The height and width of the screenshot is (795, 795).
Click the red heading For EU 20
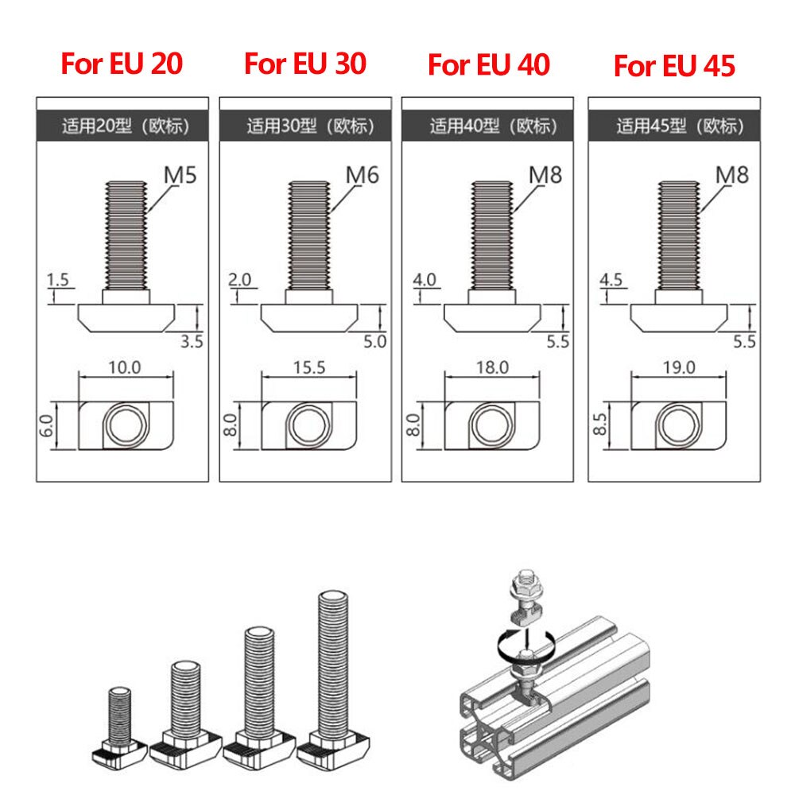(122, 64)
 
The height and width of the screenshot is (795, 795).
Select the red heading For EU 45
(674, 66)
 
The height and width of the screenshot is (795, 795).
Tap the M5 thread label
(180, 174)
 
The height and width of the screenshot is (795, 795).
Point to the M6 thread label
(363, 174)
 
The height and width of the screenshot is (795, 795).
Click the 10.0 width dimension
(123, 367)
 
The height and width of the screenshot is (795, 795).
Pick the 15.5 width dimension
(308, 367)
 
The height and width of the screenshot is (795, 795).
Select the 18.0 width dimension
(492, 367)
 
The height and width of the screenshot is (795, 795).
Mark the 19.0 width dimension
(677, 367)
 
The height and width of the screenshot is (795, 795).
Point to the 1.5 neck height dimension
(59, 280)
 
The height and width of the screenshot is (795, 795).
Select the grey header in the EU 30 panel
(306, 126)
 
